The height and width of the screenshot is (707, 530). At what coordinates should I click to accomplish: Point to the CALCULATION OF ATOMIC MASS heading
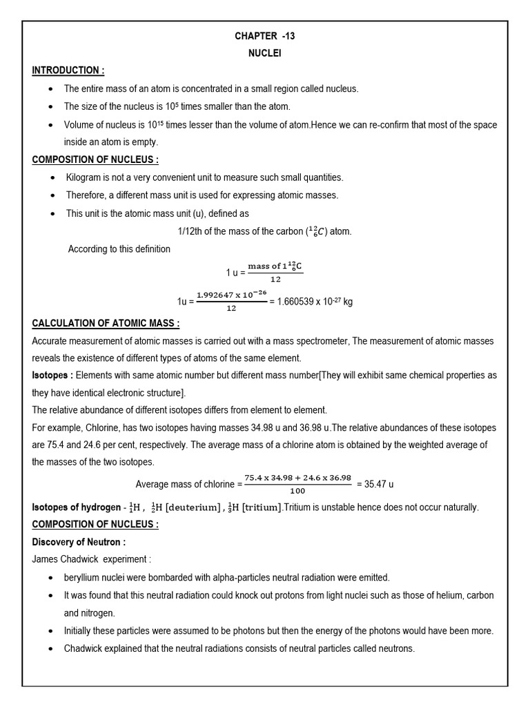106,323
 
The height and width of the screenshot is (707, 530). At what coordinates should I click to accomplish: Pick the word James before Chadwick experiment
45,559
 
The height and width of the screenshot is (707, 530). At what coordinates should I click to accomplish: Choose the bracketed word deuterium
177,507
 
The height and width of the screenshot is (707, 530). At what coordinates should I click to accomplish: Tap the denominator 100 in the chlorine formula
298,491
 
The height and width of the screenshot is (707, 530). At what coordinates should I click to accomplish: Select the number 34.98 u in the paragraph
277,428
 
